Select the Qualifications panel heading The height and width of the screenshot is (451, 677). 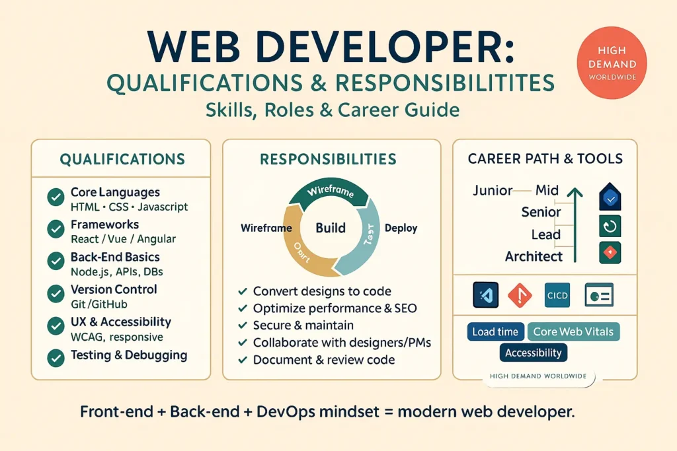(x=122, y=159)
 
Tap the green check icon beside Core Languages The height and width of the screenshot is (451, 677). (x=56, y=197)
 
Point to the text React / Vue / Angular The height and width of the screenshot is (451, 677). (x=123, y=239)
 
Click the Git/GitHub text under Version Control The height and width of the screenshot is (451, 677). (x=99, y=304)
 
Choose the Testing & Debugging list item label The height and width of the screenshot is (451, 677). (x=129, y=355)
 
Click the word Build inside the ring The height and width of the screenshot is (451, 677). (x=331, y=228)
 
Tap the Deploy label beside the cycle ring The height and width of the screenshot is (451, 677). (x=401, y=228)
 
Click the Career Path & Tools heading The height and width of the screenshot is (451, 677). (x=545, y=158)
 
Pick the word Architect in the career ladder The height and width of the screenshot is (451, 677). (x=534, y=256)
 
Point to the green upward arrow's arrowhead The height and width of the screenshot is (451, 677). (x=573, y=192)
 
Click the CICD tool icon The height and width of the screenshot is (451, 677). (x=557, y=295)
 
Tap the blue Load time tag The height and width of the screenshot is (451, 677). (x=495, y=331)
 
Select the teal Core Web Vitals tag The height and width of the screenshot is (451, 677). (x=573, y=331)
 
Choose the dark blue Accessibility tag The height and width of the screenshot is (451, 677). (x=533, y=353)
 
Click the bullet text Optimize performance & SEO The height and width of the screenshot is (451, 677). (x=335, y=308)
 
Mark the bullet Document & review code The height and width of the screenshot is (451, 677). (x=324, y=360)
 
